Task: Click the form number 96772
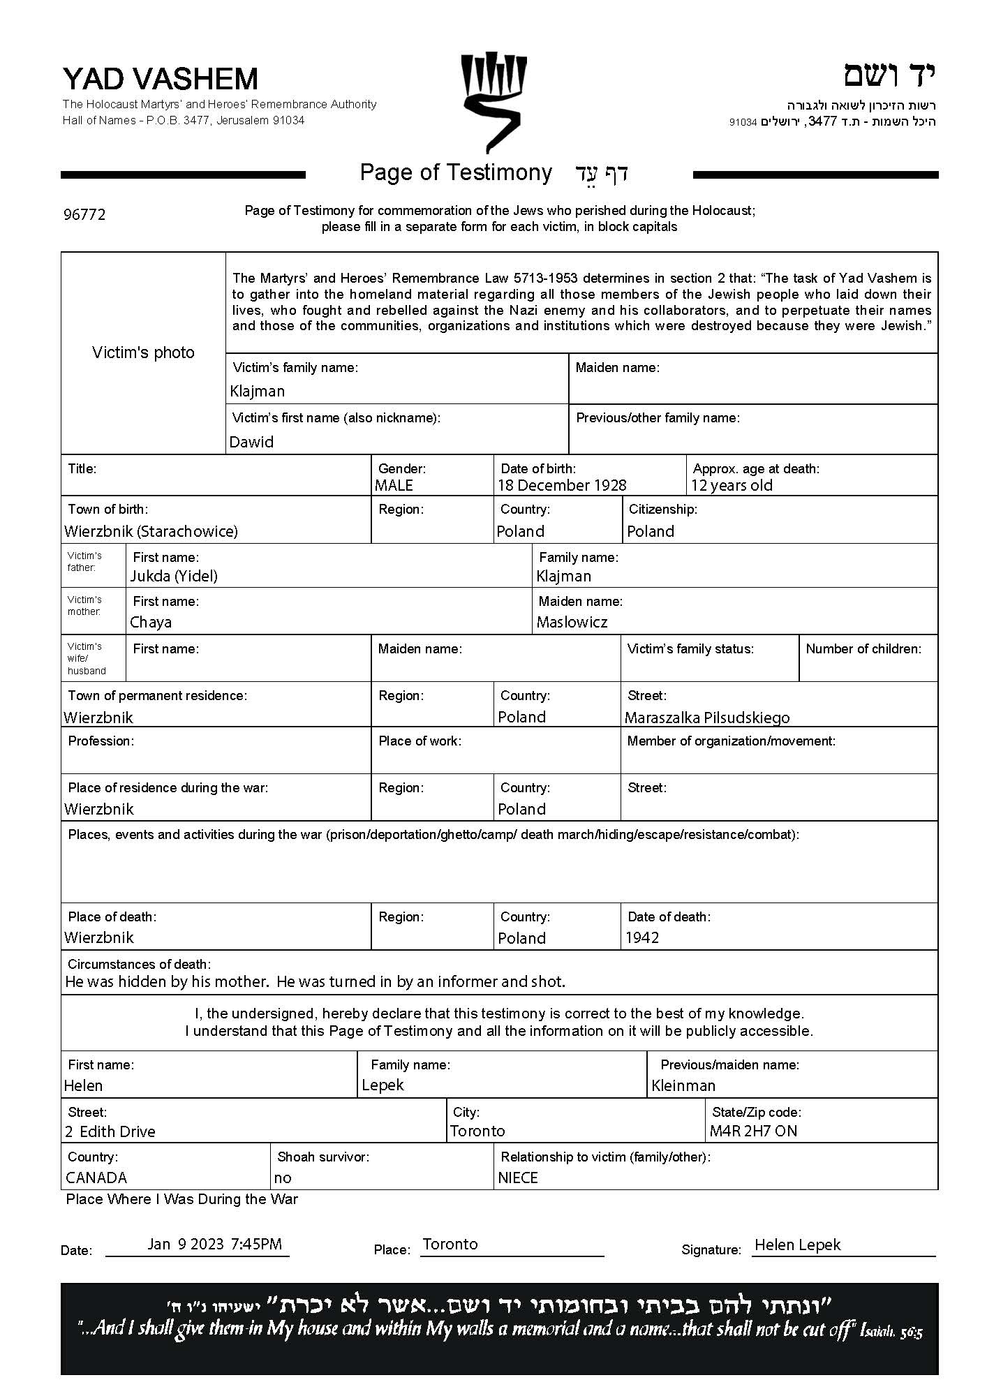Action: (x=84, y=215)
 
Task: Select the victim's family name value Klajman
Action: (x=258, y=391)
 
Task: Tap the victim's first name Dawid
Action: (x=251, y=442)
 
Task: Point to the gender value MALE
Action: (x=394, y=485)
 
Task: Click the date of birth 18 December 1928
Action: (x=562, y=485)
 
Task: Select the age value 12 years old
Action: (x=732, y=485)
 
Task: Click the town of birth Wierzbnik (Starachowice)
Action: (x=151, y=531)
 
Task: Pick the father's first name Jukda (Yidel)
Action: (x=174, y=576)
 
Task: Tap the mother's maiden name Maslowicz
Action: (x=572, y=622)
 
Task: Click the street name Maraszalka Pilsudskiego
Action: (x=707, y=718)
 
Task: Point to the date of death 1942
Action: (x=642, y=937)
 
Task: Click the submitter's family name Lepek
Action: (x=383, y=1085)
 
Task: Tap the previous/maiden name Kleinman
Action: (x=683, y=1085)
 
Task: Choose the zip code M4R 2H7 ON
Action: (x=753, y=1131)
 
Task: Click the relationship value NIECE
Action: (x=518, y=1178)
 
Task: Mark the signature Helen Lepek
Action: (x=797, y=1245)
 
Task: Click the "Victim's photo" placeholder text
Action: (x=143, y=352)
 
